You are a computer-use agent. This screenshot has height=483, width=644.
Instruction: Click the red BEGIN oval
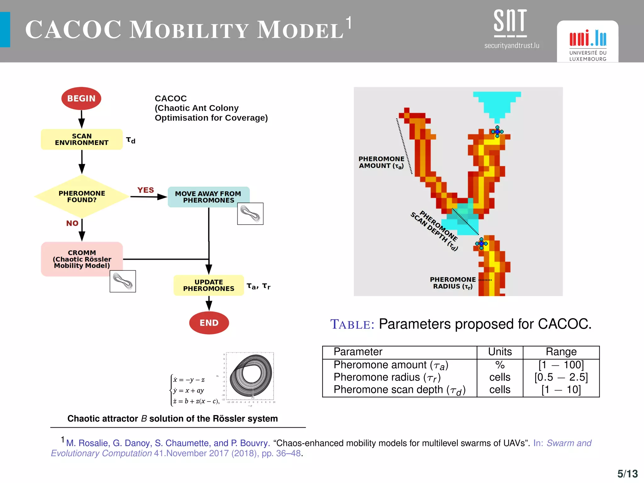81,98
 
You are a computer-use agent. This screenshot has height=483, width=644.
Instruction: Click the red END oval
209,323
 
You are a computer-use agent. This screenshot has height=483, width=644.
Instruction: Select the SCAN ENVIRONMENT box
82,139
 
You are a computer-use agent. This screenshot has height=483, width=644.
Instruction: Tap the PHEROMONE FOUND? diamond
82,197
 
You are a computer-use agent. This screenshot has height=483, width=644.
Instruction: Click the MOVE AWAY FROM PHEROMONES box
208,197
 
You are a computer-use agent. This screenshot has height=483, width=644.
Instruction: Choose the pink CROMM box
82,259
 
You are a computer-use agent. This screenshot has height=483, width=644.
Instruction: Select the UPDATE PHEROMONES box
208,285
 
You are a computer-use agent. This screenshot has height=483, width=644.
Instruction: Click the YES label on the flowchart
146,190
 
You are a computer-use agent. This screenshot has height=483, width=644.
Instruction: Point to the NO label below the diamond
72,223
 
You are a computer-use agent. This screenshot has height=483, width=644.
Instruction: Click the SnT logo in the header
511,28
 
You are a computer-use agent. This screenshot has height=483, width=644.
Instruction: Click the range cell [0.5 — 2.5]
561,377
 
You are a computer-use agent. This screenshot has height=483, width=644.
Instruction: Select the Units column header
500,352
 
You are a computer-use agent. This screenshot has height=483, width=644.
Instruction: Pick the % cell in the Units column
500,365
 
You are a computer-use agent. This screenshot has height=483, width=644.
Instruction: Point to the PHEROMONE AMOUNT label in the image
381,162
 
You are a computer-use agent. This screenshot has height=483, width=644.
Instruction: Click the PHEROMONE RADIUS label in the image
453,283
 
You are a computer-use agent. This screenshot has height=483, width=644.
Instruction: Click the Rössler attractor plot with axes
250,377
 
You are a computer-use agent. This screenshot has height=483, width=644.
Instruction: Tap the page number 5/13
627,474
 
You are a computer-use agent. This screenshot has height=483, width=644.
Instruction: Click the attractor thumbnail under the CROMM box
123,281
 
